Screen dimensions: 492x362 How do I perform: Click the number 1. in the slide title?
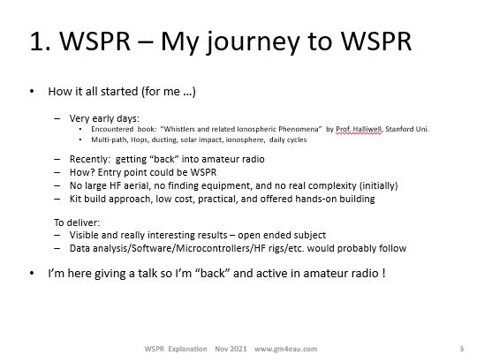[40, 41]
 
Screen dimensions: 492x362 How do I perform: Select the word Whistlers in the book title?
[178, 129]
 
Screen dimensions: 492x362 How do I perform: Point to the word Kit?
[75, 199]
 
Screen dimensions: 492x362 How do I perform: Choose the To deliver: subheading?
[77, 222]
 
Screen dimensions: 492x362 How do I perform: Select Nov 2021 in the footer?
[231, 349]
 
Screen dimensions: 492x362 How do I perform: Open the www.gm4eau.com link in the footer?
[285, 349]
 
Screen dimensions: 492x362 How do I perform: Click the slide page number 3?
[462, 349]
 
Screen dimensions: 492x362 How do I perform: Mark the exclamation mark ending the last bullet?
[383, 273]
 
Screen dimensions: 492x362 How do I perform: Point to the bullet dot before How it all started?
[32, 92]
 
